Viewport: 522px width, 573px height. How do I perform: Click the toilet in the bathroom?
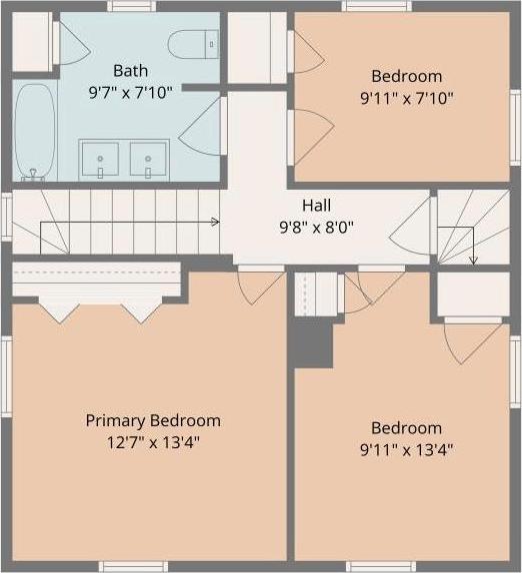(x=193, y=44)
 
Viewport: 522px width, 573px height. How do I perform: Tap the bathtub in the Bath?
(x=34, y=133)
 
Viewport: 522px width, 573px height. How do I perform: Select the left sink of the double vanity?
(x=100, y=160)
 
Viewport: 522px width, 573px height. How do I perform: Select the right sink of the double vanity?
(x=148, y=160)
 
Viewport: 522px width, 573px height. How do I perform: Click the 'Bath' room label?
(x=130, y=71)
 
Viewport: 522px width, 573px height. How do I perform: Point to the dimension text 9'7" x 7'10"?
(x=130, y=93)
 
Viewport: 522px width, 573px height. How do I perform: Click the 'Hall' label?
(x=317, y=206)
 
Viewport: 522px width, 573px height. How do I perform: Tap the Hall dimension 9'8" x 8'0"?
(x=317, y=228)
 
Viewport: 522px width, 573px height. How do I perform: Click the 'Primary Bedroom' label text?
(x=153, y=420)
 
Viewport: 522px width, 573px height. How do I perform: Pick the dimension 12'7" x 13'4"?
(x=153, y=442)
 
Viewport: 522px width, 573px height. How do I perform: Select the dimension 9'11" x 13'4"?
(x=407, y=450)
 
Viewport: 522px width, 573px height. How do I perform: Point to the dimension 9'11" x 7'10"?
(x=407, y=98)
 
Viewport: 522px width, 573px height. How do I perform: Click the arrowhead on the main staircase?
(x=216, y=222)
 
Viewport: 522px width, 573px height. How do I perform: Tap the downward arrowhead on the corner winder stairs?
(x=473, y=261)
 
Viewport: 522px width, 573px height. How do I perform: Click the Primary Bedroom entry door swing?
(x=261, y=286)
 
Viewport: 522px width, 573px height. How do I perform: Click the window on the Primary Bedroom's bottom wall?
(x=133, y=566)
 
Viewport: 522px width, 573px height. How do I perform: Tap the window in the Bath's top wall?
(x=131, y=6)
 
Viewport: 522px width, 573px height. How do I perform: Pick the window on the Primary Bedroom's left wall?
(x=6, y=376)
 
